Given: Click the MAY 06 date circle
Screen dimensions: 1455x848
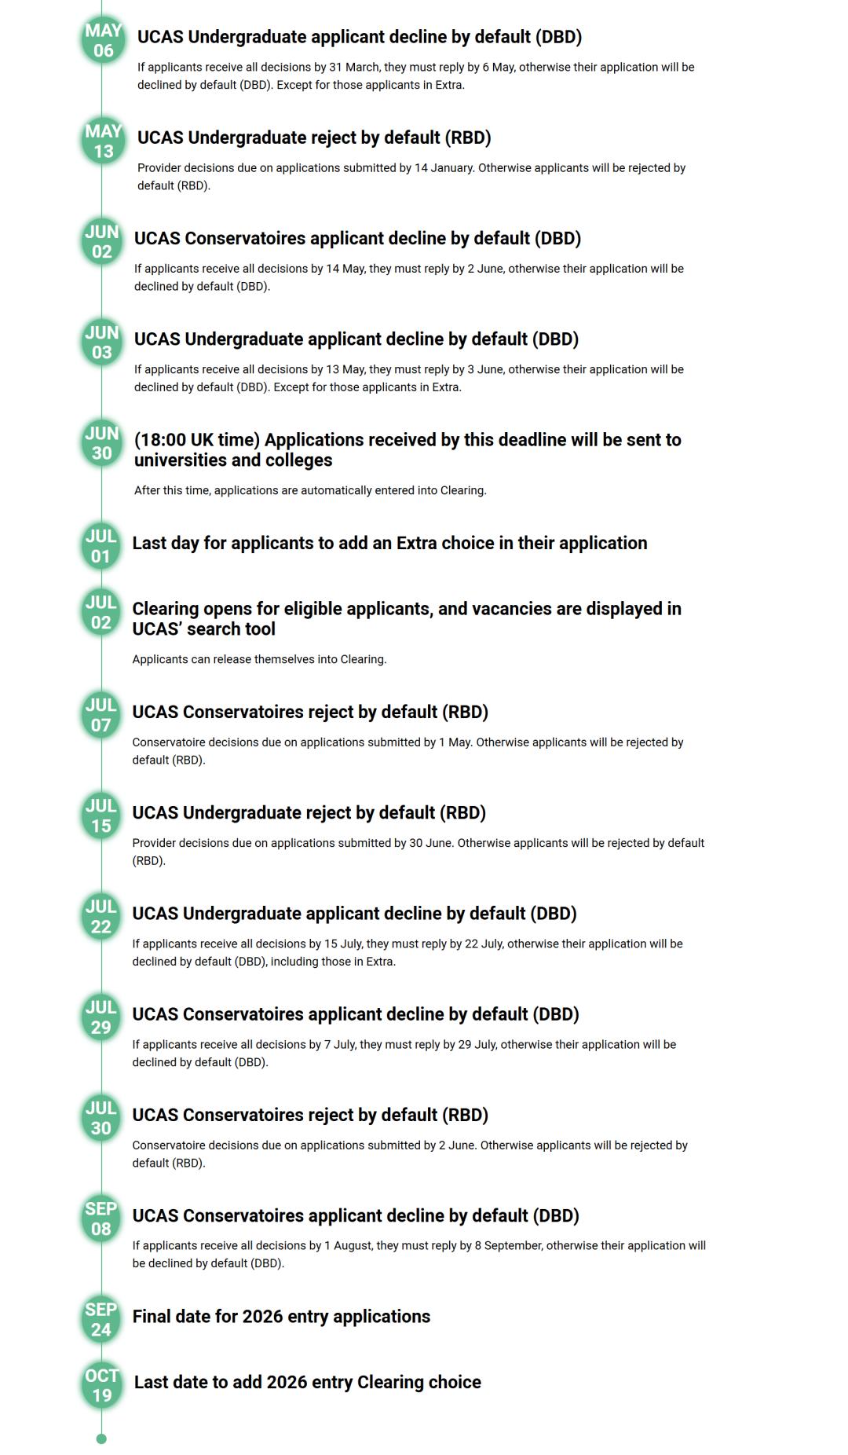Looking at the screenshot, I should [x=103, y=41].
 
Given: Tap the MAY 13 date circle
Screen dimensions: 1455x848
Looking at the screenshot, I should [x=103, y=141].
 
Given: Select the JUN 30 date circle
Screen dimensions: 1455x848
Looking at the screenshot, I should [x=102, y=443].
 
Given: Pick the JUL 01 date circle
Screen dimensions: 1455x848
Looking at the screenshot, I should [x=101, y=546].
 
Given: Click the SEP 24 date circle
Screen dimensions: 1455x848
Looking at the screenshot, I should [x=101, y=1319].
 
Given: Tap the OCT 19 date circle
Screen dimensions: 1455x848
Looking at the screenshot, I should [x=102, y=1385].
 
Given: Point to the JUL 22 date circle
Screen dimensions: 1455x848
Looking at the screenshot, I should [x=101, y=917].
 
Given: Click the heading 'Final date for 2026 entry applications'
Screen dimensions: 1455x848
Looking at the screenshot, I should [x=281, y=1317].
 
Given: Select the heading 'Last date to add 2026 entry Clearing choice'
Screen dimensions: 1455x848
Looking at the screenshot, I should [x=307, y=1383].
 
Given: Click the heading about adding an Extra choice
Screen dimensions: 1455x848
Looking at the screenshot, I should [x=389, y=544].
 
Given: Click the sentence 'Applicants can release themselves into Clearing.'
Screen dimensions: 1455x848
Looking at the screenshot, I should [x=259, y=659].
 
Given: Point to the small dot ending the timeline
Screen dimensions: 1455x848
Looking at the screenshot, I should [x=101, y=1439].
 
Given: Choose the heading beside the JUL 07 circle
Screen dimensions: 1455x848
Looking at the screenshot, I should [x=310, y=713].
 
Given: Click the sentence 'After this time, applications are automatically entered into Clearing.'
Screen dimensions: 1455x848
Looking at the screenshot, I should [x=310, y=490].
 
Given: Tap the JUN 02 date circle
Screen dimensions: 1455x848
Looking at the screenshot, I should [x=102, y=242].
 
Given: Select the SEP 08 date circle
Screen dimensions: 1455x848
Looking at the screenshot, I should [x=101, y=1219].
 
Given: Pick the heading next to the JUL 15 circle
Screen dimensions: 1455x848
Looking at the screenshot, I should [x=309, y=813].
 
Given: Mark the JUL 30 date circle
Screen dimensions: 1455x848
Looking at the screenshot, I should [x=101, y=1118].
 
